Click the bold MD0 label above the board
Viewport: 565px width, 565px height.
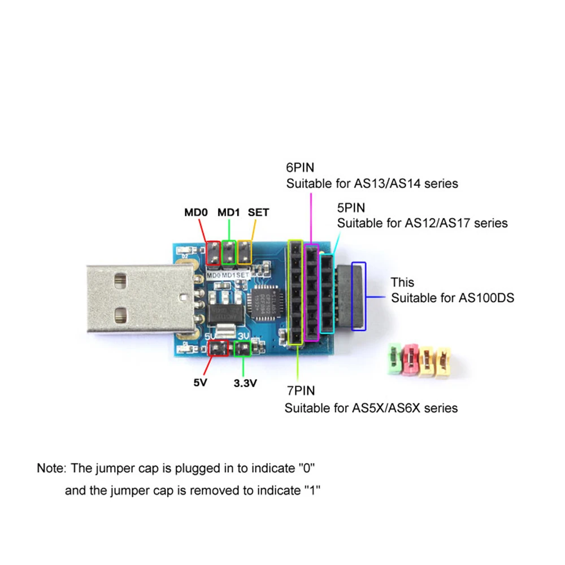197,212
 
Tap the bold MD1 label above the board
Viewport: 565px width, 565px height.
229,212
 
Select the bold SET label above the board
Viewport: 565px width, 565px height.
258,212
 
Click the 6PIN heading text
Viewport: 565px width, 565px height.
300,168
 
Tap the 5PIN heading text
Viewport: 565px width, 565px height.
351,207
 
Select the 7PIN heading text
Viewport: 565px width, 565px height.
299,390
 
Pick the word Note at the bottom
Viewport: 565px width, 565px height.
52,468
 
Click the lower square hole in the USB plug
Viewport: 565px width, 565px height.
120,314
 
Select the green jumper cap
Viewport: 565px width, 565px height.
393,360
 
